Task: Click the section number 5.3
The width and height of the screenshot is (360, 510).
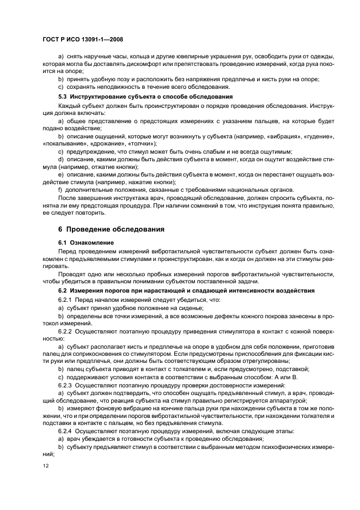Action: (x=63, y=96)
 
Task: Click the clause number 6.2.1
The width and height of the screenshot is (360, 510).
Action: (x=66, y=300)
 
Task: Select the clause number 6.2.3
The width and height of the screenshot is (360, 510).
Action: (x=66, y=384)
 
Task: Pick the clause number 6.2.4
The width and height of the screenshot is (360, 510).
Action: (x=66, y=431)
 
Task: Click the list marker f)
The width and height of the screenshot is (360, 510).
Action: (x=60, y=189)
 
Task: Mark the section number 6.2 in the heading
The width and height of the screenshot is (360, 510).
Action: (x=63, y=291)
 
